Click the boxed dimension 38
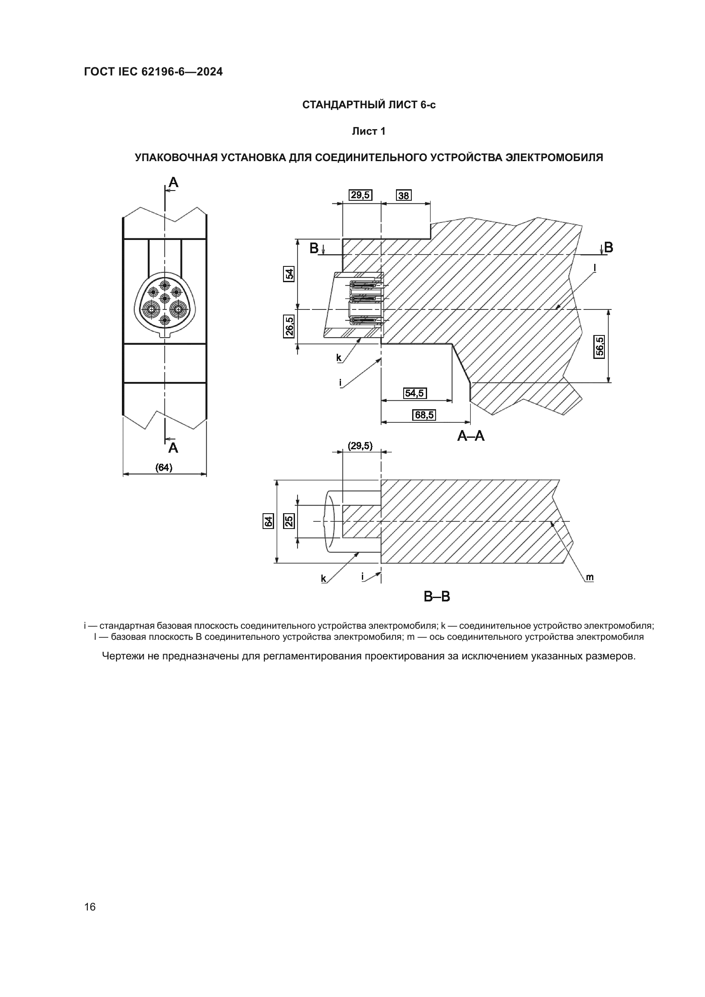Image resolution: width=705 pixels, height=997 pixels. pyautogui.click(x=404, y=195)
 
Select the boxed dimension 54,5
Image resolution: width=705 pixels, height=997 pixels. pyautogui.click(x=415, y=393)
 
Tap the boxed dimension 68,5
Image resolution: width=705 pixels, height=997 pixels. pyautogui.click(x=424, y=415)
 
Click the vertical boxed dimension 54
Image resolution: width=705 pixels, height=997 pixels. pyautogui.click(x=289, y=274)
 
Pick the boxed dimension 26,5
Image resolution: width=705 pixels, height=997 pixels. pyautogui.click(x=289, y=327)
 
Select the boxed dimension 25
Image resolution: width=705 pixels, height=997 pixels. pyautogui.click(x=289, y=520)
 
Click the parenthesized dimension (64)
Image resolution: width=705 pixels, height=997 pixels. pyautogui.click(x=164, y=467)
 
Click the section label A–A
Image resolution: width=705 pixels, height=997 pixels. pyautogui.click(x=471, y=436)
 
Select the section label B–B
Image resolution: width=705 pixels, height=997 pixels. pyautogui.click(x=437, y=596)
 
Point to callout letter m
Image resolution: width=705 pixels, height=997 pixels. pyautogui.click(x=589, y=577)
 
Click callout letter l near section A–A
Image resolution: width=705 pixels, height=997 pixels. pyautogui.click(x=595, y=269)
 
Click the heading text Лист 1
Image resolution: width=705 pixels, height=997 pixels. pyautogui.click(x=369, y=131)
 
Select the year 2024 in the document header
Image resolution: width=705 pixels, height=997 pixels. pyautogui.click(x=210, y=72)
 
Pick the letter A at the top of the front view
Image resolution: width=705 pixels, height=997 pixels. pyautogui.click(x=173, y=183)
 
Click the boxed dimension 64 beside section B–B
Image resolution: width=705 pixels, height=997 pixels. pyautogui.click(x=268, y=520)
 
